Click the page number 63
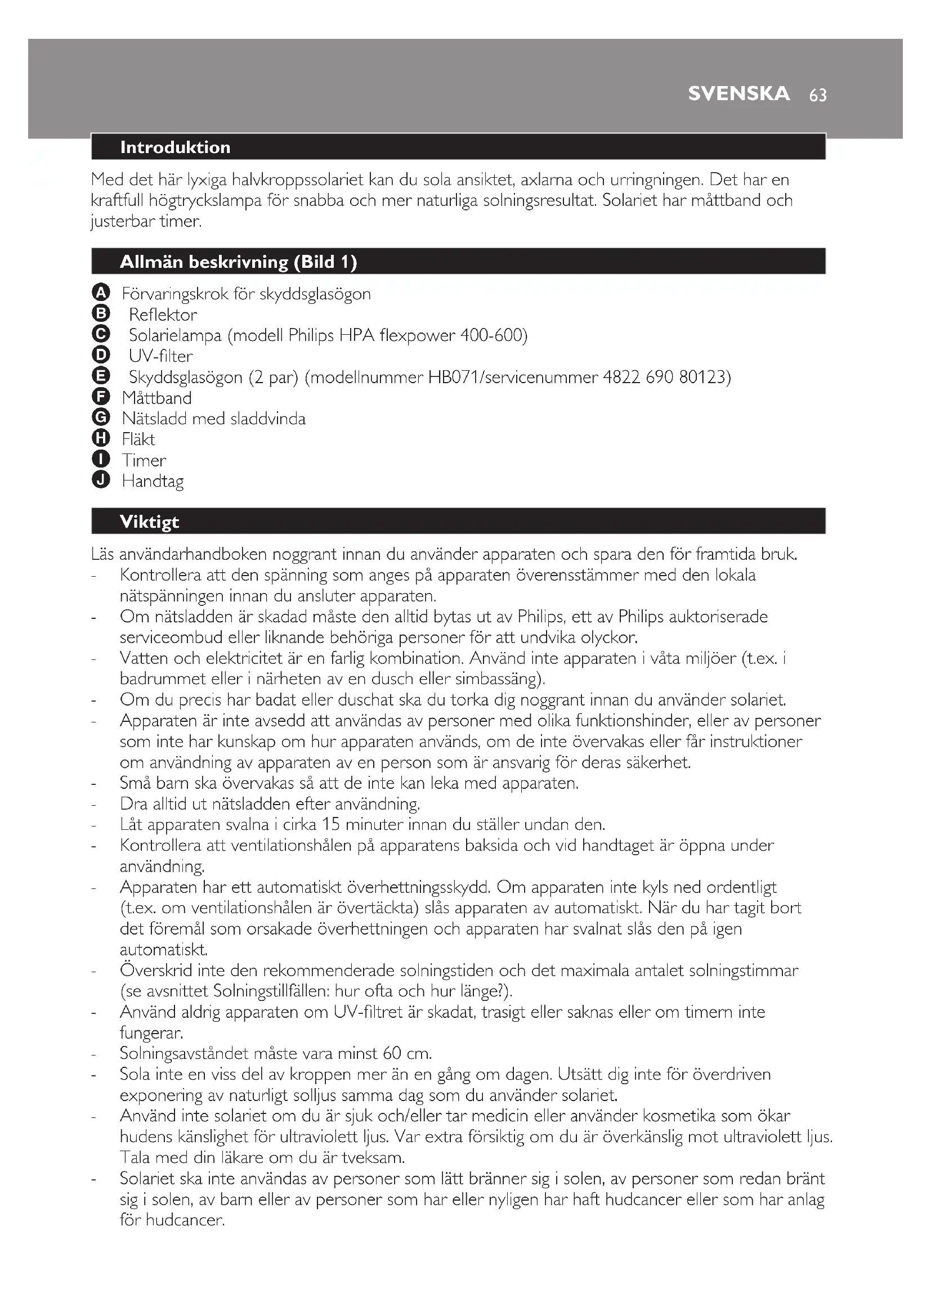(x=817, y=95)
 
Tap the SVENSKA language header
(x=738, y=93)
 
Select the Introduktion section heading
(x=175, y=147)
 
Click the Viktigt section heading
(x=149, y=522)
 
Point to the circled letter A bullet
(x=100, y=293)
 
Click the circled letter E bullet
(x=100, y=376)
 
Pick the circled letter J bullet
(x=100, y=480)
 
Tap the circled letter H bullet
(x=100, y=438)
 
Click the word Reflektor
(x=163, y=315)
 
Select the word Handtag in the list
(x=153, y=481)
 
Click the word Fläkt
(x=138, y=439)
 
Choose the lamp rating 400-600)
(x=494, y=335)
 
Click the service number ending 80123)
(x=705, y=377)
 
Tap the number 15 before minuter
(x=330, y=825)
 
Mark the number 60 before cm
(x=392, y=1053)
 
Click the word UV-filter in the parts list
(x=160, y=356)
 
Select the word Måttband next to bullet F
(x=156, y=398)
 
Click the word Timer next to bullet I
(x=144, y=460)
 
